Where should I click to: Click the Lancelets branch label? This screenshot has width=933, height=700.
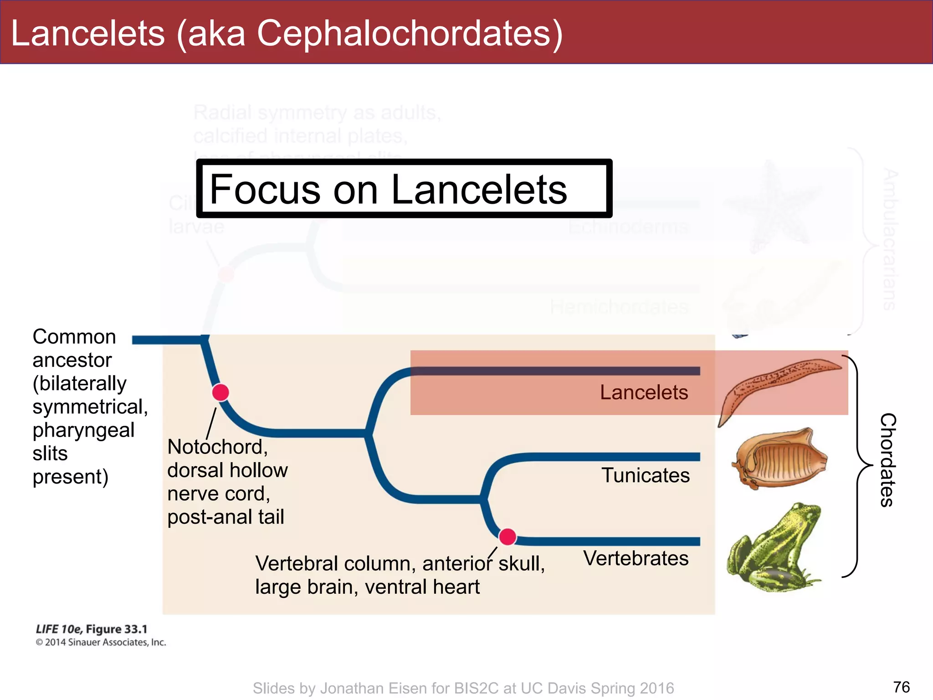pos(643,392)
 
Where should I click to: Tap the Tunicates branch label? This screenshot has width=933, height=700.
pos(645,475)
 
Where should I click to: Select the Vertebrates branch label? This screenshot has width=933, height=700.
pos(636,558)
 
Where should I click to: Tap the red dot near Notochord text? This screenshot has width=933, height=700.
pos(220,392)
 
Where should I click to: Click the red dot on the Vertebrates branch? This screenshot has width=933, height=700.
pos(507,537)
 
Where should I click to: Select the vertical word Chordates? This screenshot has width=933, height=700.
pos(888,460)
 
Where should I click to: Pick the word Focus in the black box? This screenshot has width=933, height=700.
pos(265,189)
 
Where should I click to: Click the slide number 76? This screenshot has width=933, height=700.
pos(901,687)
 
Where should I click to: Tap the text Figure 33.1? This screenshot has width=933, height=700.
pos(117,629)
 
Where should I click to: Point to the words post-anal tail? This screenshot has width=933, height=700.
pos(226,517)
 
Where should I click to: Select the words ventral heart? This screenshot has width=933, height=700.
pos(422,587)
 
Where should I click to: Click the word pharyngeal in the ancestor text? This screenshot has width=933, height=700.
pos(83,430)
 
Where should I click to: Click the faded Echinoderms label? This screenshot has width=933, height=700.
pos(629,226)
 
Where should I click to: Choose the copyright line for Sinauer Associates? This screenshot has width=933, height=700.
pos(101,643)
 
